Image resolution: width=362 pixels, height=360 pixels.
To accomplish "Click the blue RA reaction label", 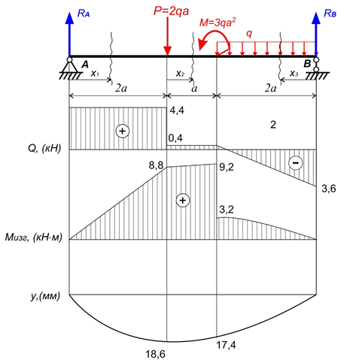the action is coord(84,14).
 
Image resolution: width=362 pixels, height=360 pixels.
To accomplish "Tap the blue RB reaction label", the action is coord(330,13).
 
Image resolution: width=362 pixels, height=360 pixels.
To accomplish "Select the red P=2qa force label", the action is coord(171,11).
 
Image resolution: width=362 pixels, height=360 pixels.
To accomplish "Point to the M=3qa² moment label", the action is coord(218,22).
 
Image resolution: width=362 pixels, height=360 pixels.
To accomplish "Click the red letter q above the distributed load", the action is coord(249,34).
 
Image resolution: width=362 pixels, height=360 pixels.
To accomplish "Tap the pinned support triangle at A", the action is coord(69,67).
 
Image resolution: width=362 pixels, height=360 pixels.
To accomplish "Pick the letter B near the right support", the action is coord(307,64).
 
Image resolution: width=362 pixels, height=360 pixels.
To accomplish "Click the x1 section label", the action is coord(95,74).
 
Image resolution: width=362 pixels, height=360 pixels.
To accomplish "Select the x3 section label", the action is coord(294,74).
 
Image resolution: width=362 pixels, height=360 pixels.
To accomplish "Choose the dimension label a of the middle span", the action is coord(194,89).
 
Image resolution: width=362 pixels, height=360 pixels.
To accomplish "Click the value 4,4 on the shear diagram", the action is coord(177,110).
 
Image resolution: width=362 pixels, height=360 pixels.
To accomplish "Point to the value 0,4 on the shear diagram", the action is coord(175,138).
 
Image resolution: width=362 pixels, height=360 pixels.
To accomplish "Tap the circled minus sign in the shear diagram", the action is coord(296,163).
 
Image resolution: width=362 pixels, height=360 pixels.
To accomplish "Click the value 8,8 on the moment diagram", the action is coord(156,165).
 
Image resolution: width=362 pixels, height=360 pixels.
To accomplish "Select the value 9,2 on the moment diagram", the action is coord(227,167).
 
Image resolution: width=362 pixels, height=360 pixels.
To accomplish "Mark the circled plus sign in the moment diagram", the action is coord(183,201).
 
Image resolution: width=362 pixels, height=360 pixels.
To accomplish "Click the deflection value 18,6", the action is coord(156,354).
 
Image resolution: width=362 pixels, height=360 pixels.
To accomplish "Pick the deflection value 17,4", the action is coord(226,345).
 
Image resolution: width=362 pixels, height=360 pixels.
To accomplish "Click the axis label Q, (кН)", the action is coord(44,149).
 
